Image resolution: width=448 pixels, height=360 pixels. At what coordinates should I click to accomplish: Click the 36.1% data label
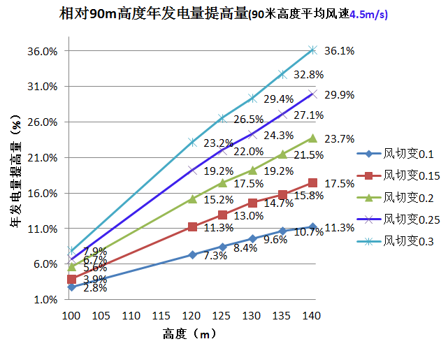click(x=340, y=51)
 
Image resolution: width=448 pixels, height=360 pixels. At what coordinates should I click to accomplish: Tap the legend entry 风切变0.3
click(x=403, y=241)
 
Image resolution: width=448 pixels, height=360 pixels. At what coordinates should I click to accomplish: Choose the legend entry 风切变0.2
click(x=403, y=197)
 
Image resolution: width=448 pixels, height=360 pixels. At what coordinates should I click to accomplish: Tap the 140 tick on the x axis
click(x=312, y=316)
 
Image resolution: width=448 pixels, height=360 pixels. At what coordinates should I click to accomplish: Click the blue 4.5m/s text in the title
click(x=368, y=14)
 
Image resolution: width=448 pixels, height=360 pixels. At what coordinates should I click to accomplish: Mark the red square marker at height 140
click(x=312, y=183)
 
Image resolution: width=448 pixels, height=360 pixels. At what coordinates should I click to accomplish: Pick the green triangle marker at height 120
click(x=192, y=199)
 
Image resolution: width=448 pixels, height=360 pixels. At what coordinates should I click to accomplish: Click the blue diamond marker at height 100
click(x=71, y=287)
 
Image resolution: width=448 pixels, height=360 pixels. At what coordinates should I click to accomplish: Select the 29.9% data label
click(x=340, y=95)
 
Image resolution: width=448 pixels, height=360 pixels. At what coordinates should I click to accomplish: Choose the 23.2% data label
click(x=218, y=143)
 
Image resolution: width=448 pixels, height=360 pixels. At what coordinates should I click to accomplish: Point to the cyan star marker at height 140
click(x=312, y=50)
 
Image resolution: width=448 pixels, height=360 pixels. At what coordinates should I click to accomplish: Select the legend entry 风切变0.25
click(x=405, y=219)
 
